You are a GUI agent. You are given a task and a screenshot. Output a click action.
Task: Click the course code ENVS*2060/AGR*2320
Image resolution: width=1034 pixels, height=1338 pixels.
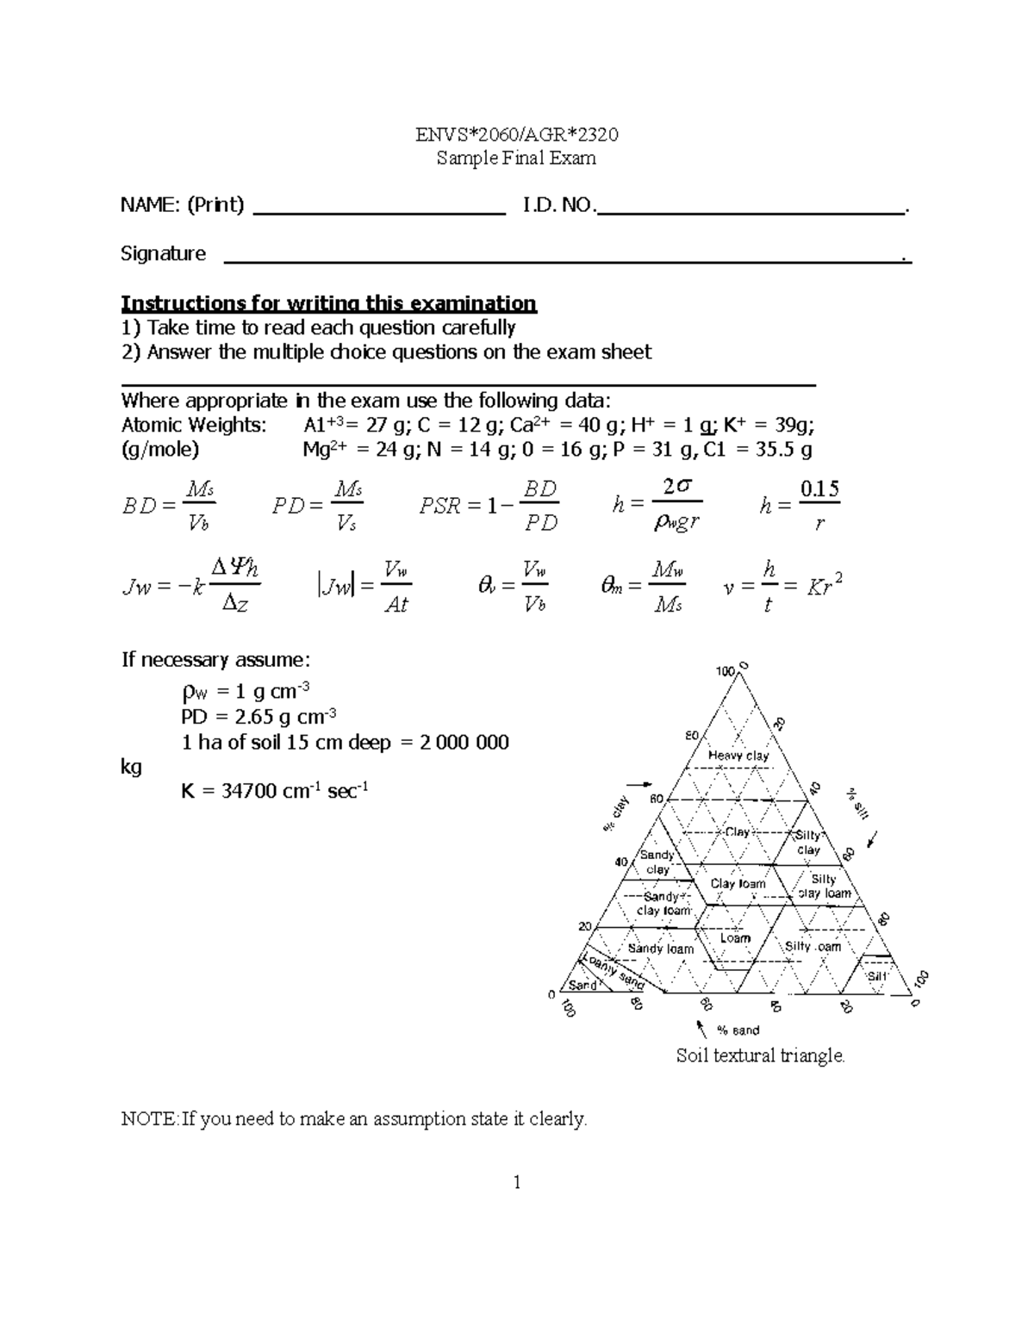tap(516, 134)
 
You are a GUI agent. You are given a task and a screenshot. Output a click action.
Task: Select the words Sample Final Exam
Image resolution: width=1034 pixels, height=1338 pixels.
tap(516, 158)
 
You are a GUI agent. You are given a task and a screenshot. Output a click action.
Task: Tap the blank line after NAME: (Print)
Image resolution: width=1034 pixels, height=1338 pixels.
tap(379, 211)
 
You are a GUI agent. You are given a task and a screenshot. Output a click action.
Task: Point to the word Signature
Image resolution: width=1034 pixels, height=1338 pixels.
tap(163, 253)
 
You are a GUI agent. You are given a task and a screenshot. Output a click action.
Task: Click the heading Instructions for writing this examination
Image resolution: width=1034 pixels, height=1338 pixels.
tap(328, 303)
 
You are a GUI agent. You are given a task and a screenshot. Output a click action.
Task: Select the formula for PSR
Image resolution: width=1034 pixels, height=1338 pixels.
tap(489, 506)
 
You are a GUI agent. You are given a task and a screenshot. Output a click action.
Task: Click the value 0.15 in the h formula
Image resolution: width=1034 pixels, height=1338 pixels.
tap(819, 489)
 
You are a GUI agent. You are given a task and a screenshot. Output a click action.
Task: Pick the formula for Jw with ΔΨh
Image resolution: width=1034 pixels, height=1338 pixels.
tap(191, 587)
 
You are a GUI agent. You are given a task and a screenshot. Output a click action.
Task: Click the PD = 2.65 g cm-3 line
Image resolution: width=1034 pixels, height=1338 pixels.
tap(258, 717)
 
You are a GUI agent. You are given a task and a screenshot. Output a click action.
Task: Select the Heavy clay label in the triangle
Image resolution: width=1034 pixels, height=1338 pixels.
tap(738, 756)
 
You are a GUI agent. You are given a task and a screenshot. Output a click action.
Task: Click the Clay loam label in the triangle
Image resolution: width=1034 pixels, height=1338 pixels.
tap(738, 884)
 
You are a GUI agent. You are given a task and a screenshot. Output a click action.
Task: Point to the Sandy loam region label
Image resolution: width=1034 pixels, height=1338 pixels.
tap(660, 949)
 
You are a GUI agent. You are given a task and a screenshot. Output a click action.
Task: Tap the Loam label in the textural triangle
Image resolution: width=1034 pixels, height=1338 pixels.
tap(735, 938)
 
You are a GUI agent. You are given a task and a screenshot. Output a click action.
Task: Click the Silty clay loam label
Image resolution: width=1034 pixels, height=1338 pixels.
tap(824, 887)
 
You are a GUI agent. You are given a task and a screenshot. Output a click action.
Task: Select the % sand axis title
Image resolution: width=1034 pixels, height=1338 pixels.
tap(738, 1030)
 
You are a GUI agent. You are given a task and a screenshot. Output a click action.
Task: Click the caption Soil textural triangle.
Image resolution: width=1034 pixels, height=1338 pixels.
tap(761, 1055)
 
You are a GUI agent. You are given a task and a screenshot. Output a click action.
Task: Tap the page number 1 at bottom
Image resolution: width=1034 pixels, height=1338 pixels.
tap(517, 1182)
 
